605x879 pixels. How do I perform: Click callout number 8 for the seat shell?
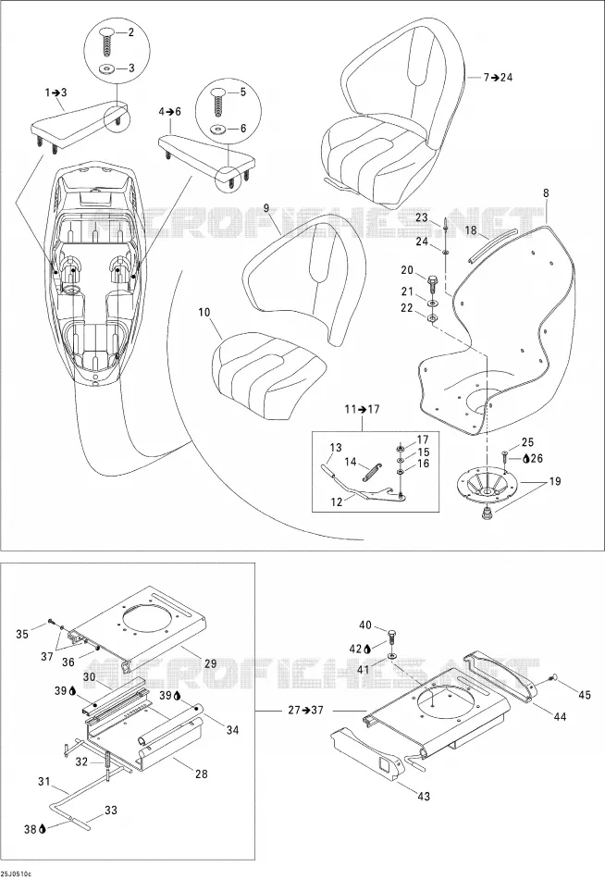coord(546,192)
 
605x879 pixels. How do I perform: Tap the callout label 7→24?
coord(498,78)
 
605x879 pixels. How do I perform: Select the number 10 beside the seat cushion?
coord(204,312)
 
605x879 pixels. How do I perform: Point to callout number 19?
coord(554,481)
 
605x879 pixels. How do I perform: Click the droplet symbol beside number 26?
coord(525,459)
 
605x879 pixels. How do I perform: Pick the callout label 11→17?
coord(362,409)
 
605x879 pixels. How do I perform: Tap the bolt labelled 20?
coord(432,283)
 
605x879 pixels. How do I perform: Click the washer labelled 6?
coord(216,130)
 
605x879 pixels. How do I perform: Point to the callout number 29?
coord(210,663)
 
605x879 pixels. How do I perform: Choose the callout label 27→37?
coord(306,710)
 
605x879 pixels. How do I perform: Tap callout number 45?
coord(585,695)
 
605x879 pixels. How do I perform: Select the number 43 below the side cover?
coord(424,796)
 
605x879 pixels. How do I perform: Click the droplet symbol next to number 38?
coord(42,829)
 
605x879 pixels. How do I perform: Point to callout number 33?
coord(111,810)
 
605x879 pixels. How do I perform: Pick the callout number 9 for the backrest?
coord(265,208)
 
